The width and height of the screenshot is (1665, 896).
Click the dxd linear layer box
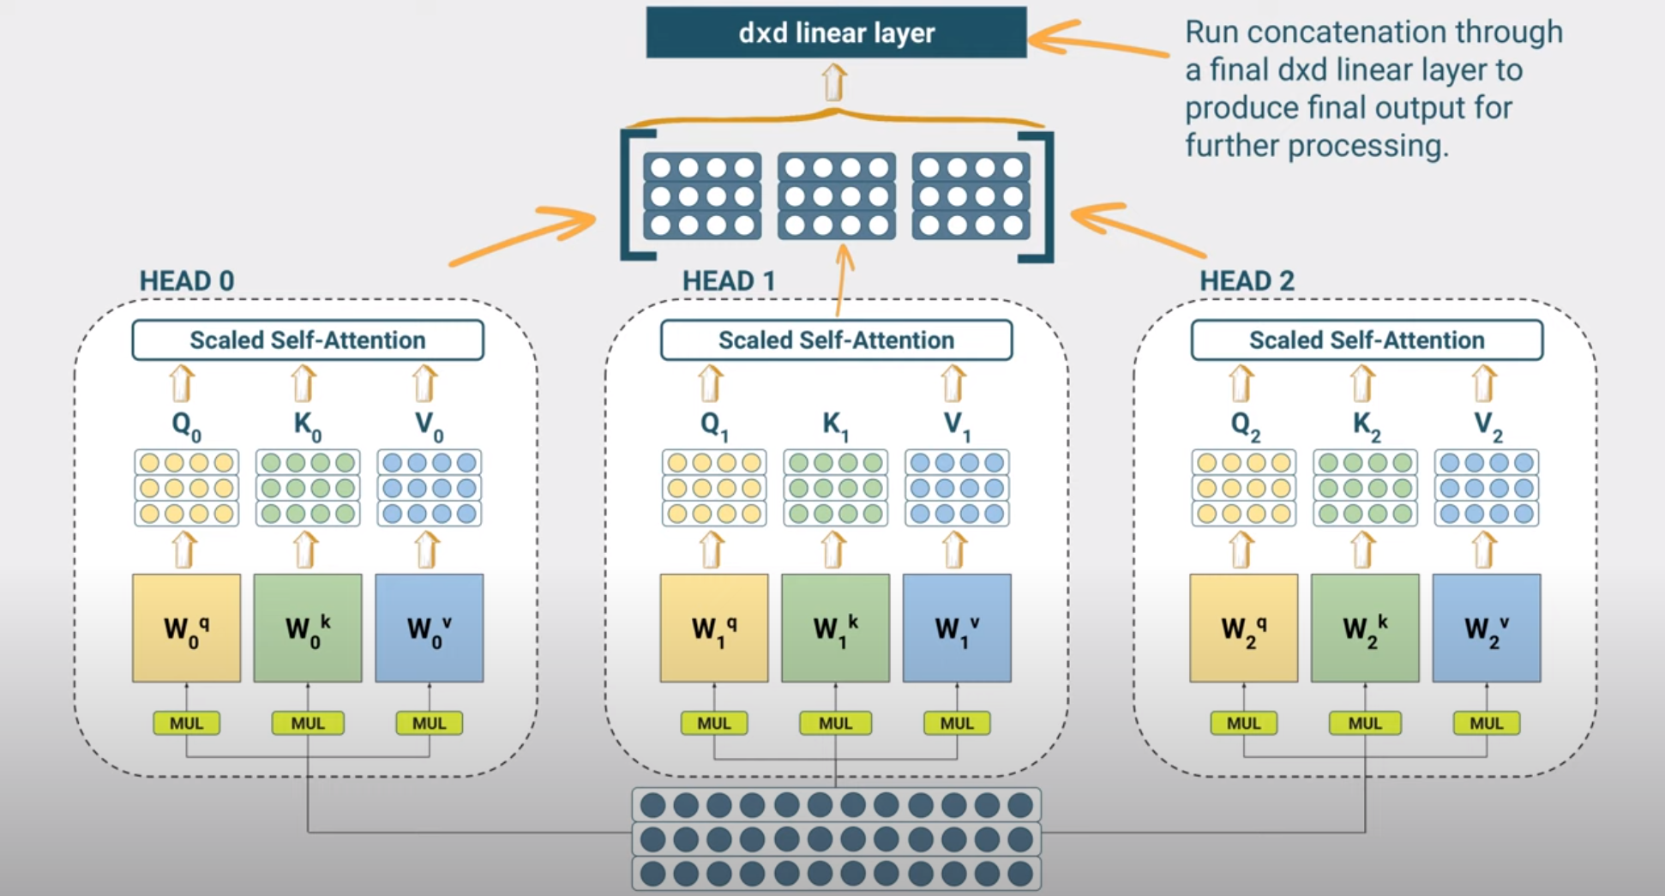(836, 33)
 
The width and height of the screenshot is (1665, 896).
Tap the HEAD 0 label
(186, 281)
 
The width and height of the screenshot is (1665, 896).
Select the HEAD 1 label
(728, 281)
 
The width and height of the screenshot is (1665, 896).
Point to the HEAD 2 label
(1246, 281)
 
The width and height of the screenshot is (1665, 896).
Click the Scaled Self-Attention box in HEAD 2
(1367, 340)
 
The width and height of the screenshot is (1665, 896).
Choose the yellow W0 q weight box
(186, 628)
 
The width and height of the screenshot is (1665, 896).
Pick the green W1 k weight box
(835, 628)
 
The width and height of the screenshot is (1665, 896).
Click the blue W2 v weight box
(1486, 628)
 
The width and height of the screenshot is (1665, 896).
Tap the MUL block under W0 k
(308, 723)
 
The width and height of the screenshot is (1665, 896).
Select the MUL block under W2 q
(1243, 723)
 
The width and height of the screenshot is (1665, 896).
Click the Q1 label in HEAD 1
(713, 425)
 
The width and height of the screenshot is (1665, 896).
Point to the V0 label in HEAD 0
(429, 425)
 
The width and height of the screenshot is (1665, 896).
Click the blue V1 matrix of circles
(957, 488)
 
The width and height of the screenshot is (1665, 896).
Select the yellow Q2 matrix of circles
(1243, 488)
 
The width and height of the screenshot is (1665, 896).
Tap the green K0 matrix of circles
(308, 488)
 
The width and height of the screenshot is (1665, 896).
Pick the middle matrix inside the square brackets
(836, 195)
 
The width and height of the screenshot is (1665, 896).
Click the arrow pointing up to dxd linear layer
(834, 83)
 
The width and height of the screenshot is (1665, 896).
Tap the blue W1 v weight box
(957, 628)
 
